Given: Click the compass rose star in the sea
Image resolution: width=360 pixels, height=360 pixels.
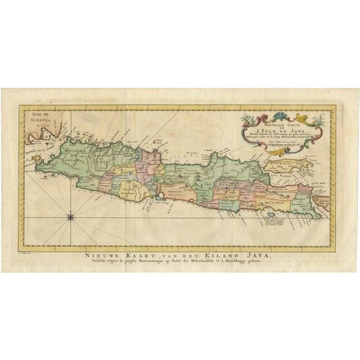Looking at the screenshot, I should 72,214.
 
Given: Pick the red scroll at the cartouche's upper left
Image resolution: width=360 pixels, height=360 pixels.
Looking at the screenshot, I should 246,105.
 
